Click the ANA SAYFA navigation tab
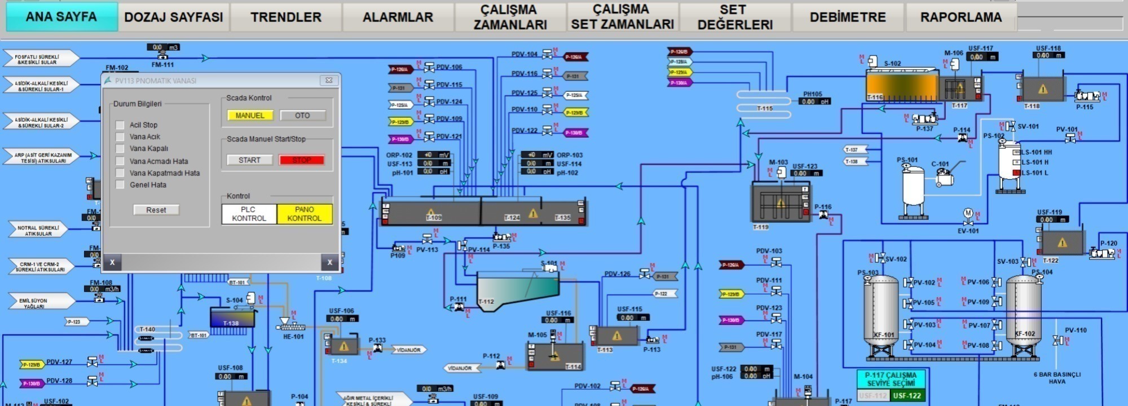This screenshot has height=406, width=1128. (61, 17)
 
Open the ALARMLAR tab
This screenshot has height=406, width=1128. (398, 17)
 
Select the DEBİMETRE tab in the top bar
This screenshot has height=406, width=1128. (847, 17)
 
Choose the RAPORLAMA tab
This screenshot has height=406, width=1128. (960, 17)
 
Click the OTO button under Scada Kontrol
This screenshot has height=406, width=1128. (302, 116)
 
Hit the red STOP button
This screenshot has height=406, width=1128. (302, 160)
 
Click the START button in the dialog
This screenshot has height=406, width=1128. (249, 160)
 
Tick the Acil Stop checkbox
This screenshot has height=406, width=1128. (120, 125)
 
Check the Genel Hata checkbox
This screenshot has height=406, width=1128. (120, 185)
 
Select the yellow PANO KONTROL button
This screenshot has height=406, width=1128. (304, 214)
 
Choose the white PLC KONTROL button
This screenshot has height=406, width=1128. (249, 214)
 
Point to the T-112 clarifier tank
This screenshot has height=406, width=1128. (516, 289)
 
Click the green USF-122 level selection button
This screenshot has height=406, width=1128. (906, 396)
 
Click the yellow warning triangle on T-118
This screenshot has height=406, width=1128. (1042, 89)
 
